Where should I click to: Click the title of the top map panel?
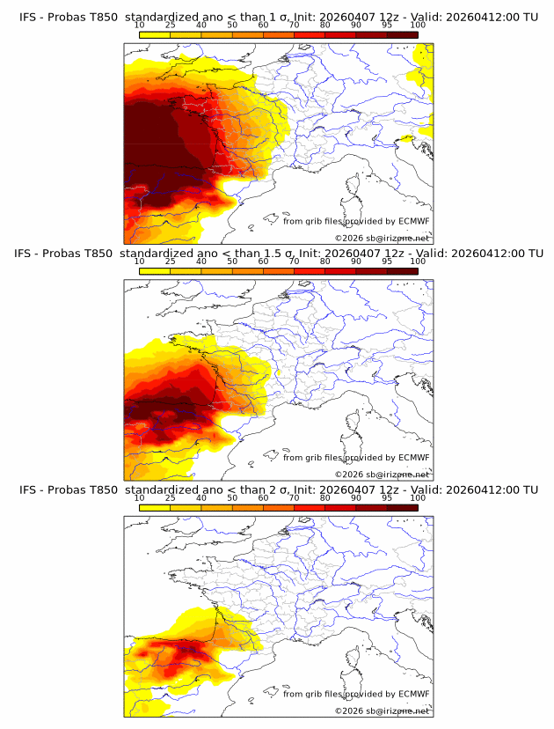[278, 17]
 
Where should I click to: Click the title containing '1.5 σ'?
[278, 254]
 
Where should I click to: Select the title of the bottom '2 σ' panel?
[278, 490]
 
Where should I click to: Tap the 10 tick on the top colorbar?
[139, 25]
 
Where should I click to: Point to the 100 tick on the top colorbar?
[418, 25]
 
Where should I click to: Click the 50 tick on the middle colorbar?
[232, 261]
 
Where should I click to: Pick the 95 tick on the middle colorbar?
[387, 261]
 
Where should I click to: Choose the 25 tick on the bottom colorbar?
[170, 498]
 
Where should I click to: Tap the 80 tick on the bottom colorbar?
[324, 498]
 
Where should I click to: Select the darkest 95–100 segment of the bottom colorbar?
[402, 507]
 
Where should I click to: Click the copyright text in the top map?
[382, 239]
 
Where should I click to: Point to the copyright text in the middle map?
[382, 475]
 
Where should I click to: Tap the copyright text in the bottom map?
[382, 711]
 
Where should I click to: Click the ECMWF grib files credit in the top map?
[356, 221]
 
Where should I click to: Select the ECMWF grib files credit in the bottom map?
[356, 694]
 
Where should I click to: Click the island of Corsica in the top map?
[354, 186]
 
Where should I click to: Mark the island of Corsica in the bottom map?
[354, 659]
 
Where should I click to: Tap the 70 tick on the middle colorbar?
[294, 261]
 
